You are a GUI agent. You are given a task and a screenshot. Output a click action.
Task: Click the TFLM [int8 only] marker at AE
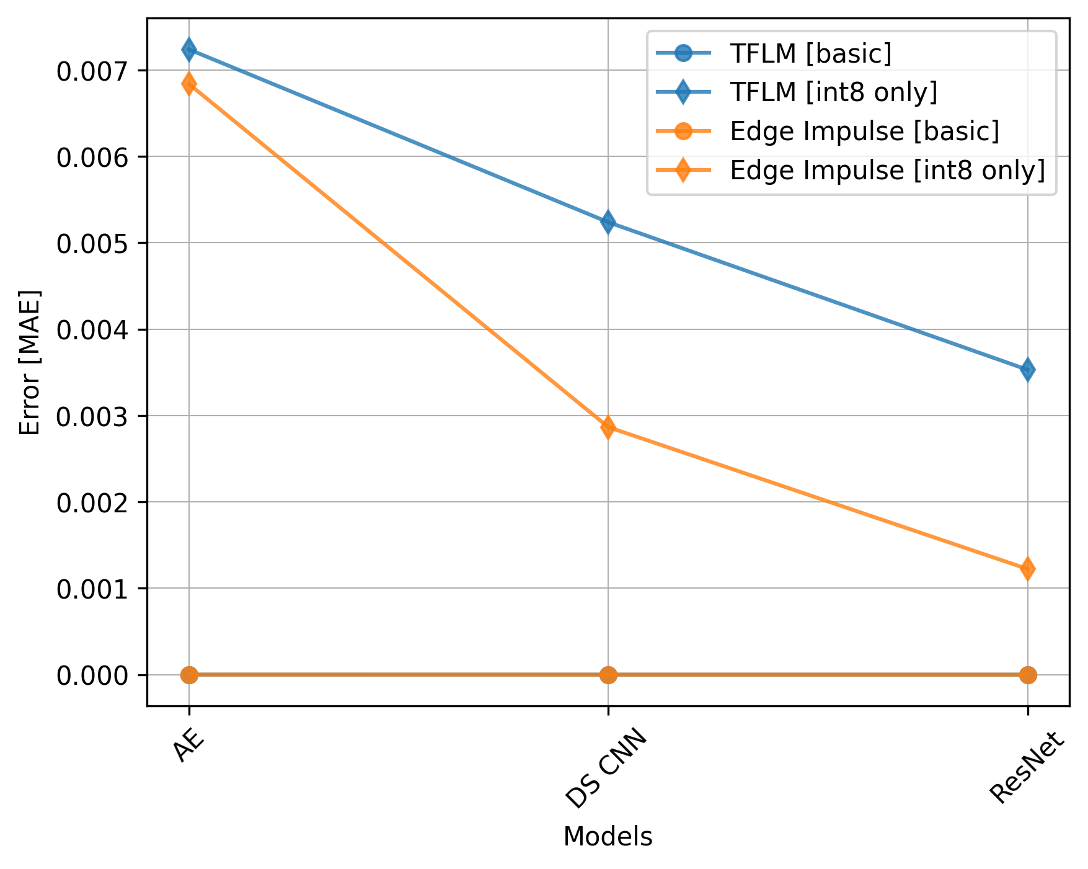point(189,50)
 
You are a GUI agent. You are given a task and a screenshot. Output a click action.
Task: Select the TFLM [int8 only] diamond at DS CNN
point(608,222)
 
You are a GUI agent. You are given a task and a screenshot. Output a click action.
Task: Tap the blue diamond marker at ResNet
point(1027,370)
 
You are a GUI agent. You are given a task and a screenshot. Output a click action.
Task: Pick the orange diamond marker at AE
point(189,84)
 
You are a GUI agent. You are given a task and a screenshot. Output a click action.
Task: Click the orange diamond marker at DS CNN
point(608,427)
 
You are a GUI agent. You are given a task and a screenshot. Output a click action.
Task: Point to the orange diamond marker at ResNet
point(1027,568)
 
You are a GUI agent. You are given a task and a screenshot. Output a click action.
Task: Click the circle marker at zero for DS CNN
point(608,675)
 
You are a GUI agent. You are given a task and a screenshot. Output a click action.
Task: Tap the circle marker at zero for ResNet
point(1027,675)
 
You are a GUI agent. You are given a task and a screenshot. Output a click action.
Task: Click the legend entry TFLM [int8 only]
point(833,92)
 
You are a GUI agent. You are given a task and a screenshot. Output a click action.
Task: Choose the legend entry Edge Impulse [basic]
point(864,131)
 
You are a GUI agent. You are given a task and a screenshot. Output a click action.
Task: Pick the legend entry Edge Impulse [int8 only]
point(887,170)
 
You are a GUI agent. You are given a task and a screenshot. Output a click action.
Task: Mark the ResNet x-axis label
point(1026,767)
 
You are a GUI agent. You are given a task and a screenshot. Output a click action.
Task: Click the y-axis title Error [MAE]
point(30,362)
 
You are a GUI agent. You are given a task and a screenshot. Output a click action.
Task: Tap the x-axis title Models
point(608,837)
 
